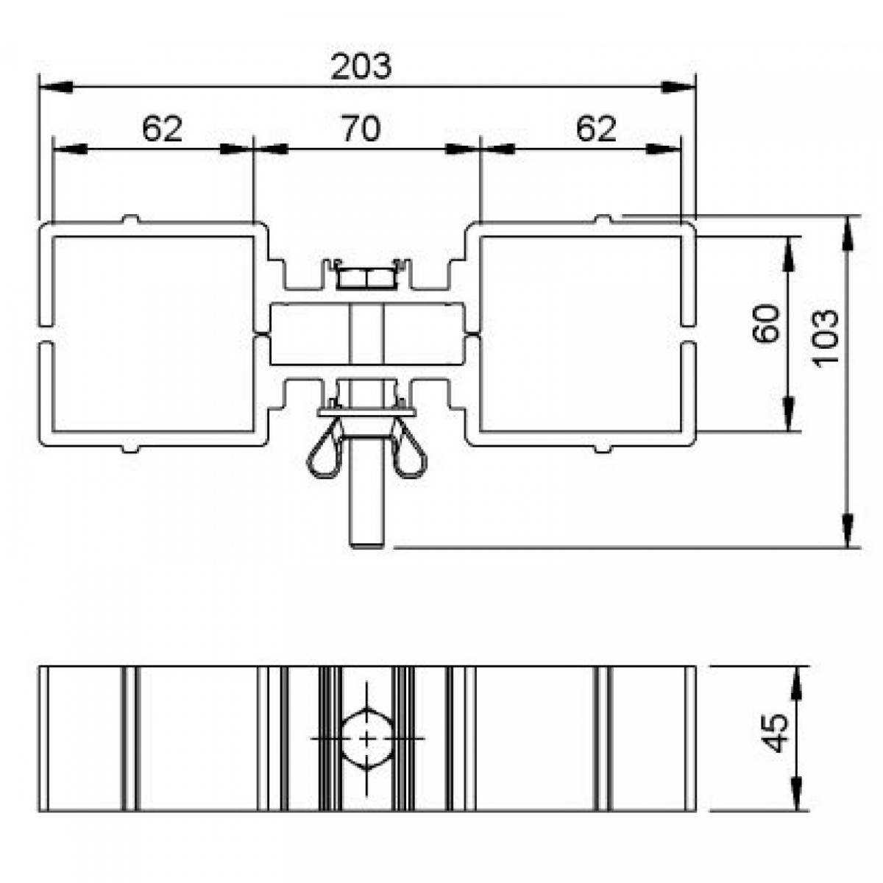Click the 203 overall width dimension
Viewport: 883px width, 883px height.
(361, 66)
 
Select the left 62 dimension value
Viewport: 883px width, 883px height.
(162, 129)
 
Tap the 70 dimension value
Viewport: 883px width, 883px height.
(362, 129)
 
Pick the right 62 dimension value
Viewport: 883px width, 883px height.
(596, 129)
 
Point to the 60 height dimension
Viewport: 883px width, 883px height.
(766, 324)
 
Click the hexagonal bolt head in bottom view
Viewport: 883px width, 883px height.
(366, 738)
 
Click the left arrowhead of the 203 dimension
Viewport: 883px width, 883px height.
(55, 87)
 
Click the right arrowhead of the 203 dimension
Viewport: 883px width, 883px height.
(679, 87)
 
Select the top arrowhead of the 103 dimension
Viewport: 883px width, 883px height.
(848, 233)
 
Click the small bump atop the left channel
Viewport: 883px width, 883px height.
(130, 219)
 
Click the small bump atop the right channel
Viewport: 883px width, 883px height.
(603, 219)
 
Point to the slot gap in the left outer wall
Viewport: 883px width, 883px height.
(46, 334)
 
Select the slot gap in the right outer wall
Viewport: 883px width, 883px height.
(689, 334)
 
